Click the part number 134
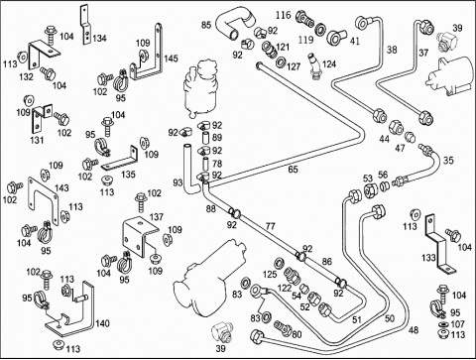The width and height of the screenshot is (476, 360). point(99,39)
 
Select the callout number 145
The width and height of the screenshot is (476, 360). point(171,59)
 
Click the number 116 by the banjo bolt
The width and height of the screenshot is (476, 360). point(284,15)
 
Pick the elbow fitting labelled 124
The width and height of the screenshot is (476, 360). point(314,67)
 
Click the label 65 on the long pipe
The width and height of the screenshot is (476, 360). point(293,170)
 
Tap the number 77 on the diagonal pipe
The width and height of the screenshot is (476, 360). point(270,226)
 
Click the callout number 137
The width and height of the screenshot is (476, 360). point(156,217)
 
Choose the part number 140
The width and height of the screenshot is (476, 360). point(102,323)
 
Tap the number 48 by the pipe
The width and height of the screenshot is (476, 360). point(414,330)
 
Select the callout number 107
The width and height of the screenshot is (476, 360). point(457,324)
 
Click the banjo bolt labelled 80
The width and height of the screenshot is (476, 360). point(283,328)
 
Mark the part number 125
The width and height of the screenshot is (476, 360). point(270,274)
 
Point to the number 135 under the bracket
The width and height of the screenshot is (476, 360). point(128,174)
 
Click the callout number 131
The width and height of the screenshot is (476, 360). point(37,140)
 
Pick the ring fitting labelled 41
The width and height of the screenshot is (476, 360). point(336,37)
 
